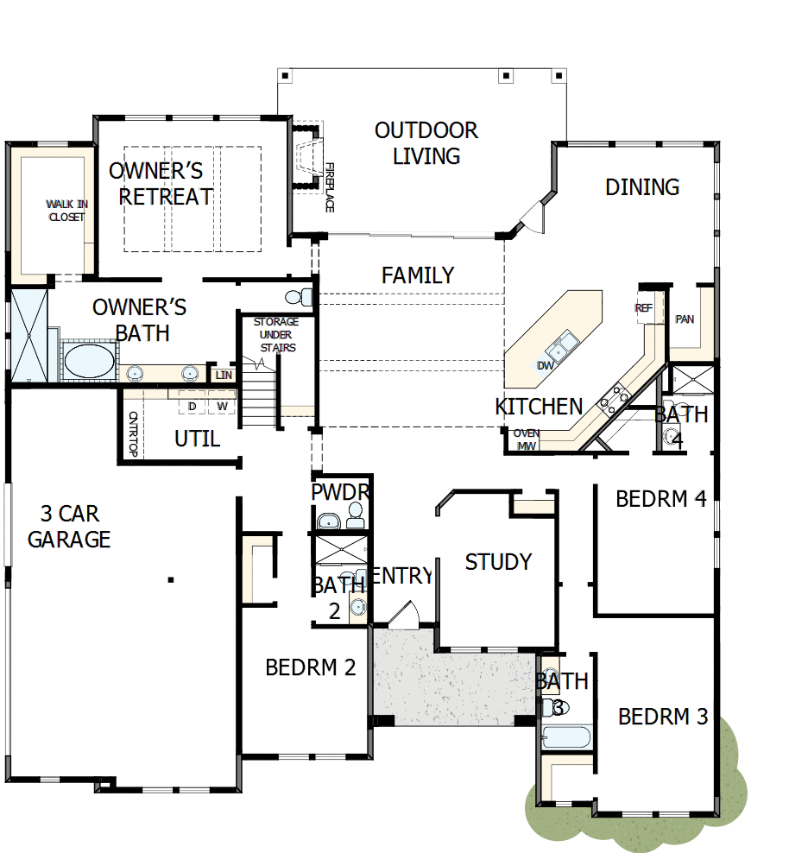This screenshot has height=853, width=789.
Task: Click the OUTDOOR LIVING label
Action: coord(426,143)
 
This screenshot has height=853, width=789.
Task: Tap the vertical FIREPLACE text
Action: coord(329,187)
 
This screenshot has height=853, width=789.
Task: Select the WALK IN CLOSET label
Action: coord(66,211)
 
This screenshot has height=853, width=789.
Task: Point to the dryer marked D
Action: coord(193,406)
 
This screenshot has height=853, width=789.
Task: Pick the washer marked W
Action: coord(222,406)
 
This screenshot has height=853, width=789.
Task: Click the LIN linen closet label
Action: coord(224,375)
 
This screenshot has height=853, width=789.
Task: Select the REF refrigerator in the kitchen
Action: coord(644,308)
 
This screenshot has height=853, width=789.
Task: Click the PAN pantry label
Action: coord(685,319)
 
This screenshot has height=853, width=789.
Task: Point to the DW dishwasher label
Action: coord(545,365)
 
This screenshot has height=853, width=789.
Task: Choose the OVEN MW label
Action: coord(527,439)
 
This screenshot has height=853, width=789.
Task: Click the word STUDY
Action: coord(498,562)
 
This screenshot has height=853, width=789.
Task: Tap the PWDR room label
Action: coord(340,492)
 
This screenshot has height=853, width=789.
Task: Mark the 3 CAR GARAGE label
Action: coord(69,527)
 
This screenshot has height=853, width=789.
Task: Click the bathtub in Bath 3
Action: coord(566,737)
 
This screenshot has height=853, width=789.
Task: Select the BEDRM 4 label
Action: coord(661,499)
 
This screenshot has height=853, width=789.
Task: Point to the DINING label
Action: coord(642,187)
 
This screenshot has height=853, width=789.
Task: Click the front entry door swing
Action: coord(402,615)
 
